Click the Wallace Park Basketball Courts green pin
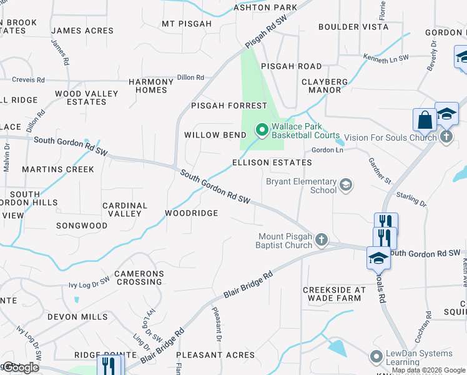[x=262, y=130]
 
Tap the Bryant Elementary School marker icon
[x=345, y=186]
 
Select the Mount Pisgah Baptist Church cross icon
[x=321, y=240]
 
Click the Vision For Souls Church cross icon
[x=446, y=137]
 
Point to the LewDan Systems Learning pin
[x=376, y=357]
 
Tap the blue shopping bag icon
[x=425, y=119]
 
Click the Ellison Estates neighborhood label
[x=272, y=162]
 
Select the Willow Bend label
[x=211, y=135]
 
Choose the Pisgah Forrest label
[x=229, y=106]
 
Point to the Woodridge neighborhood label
[x=191, y=213]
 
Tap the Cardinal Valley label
[x=125, y=209]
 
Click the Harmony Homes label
[x=152, y=86]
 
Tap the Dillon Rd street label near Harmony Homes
[x=190, y=77]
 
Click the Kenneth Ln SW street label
[x=386, y=57]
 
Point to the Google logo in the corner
[x=21, y=368]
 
